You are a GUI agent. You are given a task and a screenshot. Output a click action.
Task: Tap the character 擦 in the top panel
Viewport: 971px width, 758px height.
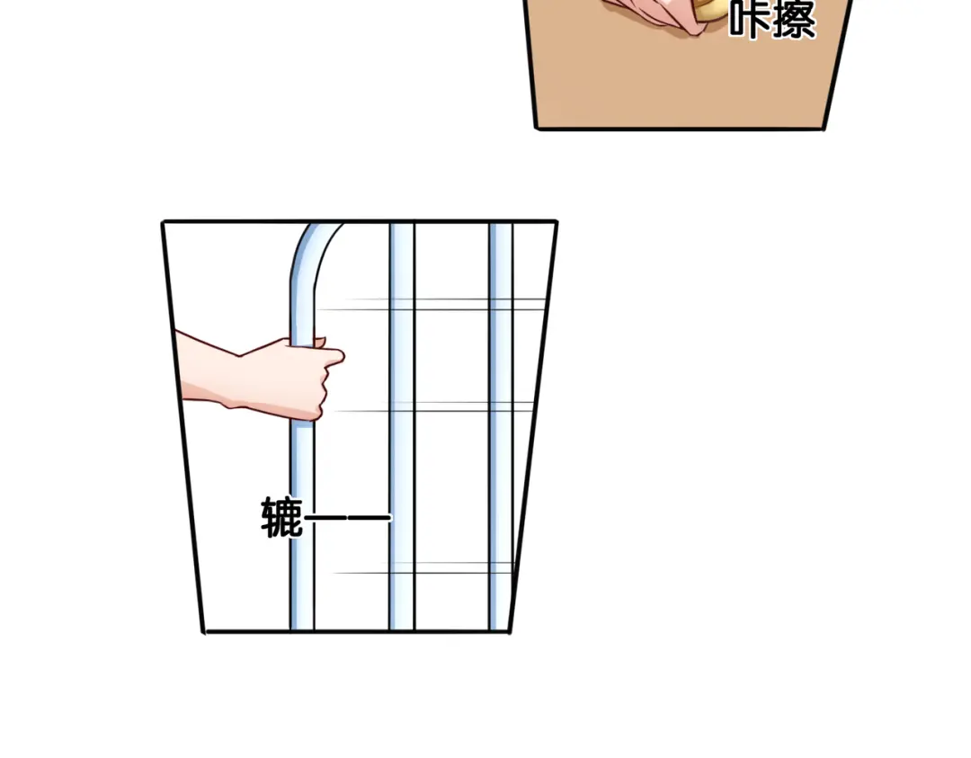point(795,19)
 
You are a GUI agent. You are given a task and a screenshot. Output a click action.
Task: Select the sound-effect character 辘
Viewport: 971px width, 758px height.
point(282,517)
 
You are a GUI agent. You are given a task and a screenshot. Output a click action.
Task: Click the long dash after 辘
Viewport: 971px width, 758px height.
point(348,518)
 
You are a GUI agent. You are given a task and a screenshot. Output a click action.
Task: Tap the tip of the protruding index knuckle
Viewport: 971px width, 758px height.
point(342,356)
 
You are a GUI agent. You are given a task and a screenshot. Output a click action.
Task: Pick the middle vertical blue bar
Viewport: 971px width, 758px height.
point(402,426)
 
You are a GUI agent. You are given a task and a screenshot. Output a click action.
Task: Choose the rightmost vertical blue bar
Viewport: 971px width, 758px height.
point(501,426)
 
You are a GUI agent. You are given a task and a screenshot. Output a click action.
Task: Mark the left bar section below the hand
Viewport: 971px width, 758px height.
point(302,526)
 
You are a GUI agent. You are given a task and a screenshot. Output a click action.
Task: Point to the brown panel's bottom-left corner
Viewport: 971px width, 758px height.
point(536,129)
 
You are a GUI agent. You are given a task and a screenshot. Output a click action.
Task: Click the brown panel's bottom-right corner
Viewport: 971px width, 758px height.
point(824,129)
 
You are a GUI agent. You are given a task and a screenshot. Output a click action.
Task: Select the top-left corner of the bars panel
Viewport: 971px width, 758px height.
point(163,222)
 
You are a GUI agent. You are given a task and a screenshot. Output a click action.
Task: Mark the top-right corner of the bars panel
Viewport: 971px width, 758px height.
point(557,221)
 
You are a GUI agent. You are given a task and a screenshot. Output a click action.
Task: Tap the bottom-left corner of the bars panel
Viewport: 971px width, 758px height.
point(204,631)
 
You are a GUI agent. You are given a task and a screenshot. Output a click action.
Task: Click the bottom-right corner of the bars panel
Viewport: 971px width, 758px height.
point(510,631)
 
